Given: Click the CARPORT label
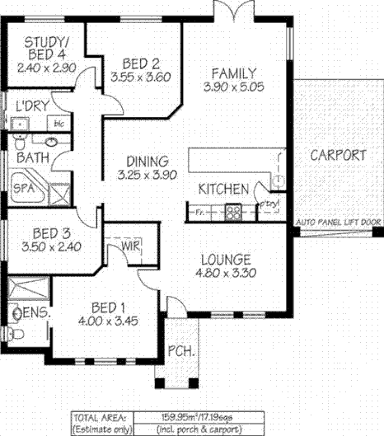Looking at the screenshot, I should click(339, 155).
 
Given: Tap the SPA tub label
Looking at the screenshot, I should click(24, 189).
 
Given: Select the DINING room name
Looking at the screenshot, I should click(148, 162).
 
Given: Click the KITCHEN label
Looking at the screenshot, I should click(223, 190).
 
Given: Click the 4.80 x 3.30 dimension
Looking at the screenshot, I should click(228, 273).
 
